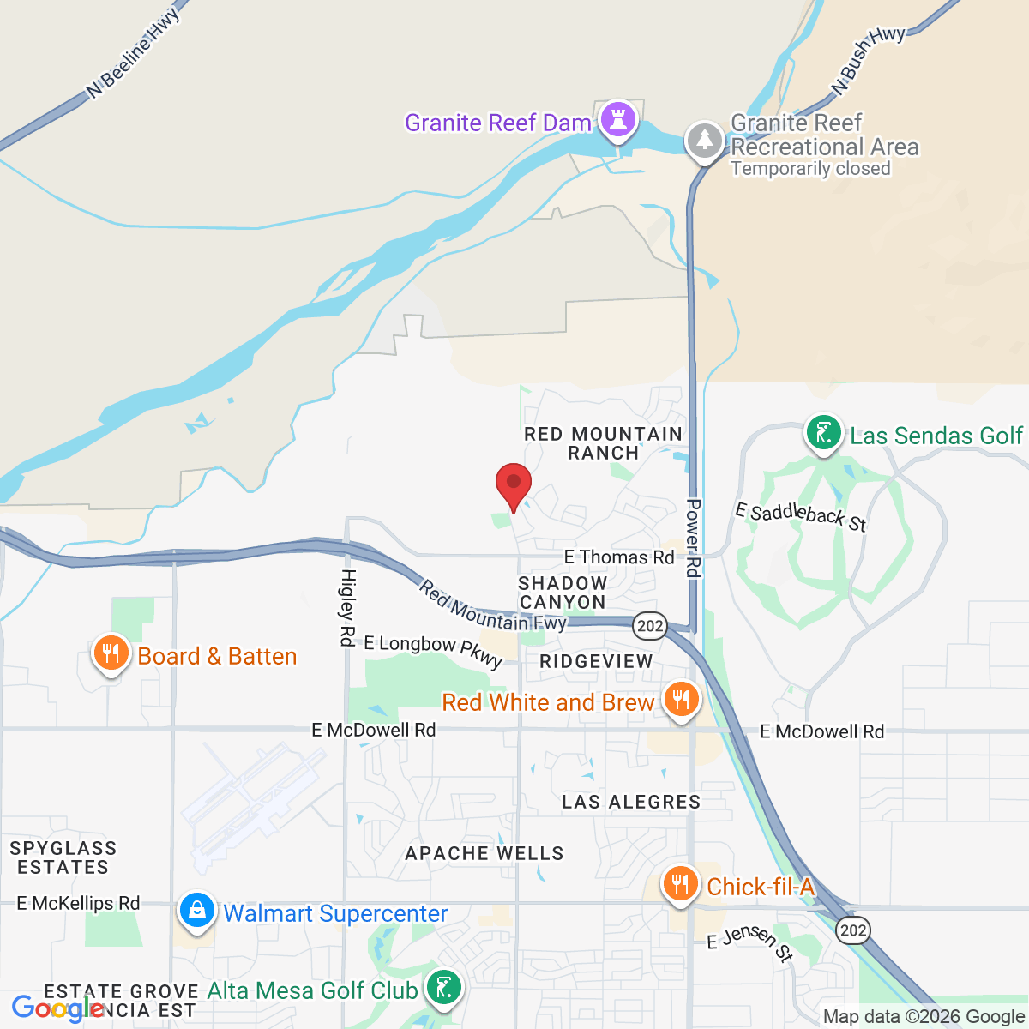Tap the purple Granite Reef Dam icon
tap(617, 119)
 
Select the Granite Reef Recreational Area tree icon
tap(705, 140)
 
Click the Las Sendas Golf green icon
tap(823, 433)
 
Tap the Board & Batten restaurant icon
tap(110, 654)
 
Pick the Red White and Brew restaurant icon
tap(681, 700)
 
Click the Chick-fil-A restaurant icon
tap(681, 883)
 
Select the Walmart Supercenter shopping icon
tap(196, 911)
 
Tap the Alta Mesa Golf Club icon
tap(443, 989)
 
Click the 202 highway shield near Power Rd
tap(650, 625)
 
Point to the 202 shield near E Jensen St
tap(853, 930)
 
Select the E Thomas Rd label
tap(619, 557)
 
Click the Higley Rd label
tap(348, 607)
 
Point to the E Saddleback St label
tap(801, 516)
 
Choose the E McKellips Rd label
tap(78, 903)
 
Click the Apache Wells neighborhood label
tap(484, 853)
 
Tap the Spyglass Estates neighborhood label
tap(63, 857)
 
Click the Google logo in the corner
tap(57, 1008)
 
